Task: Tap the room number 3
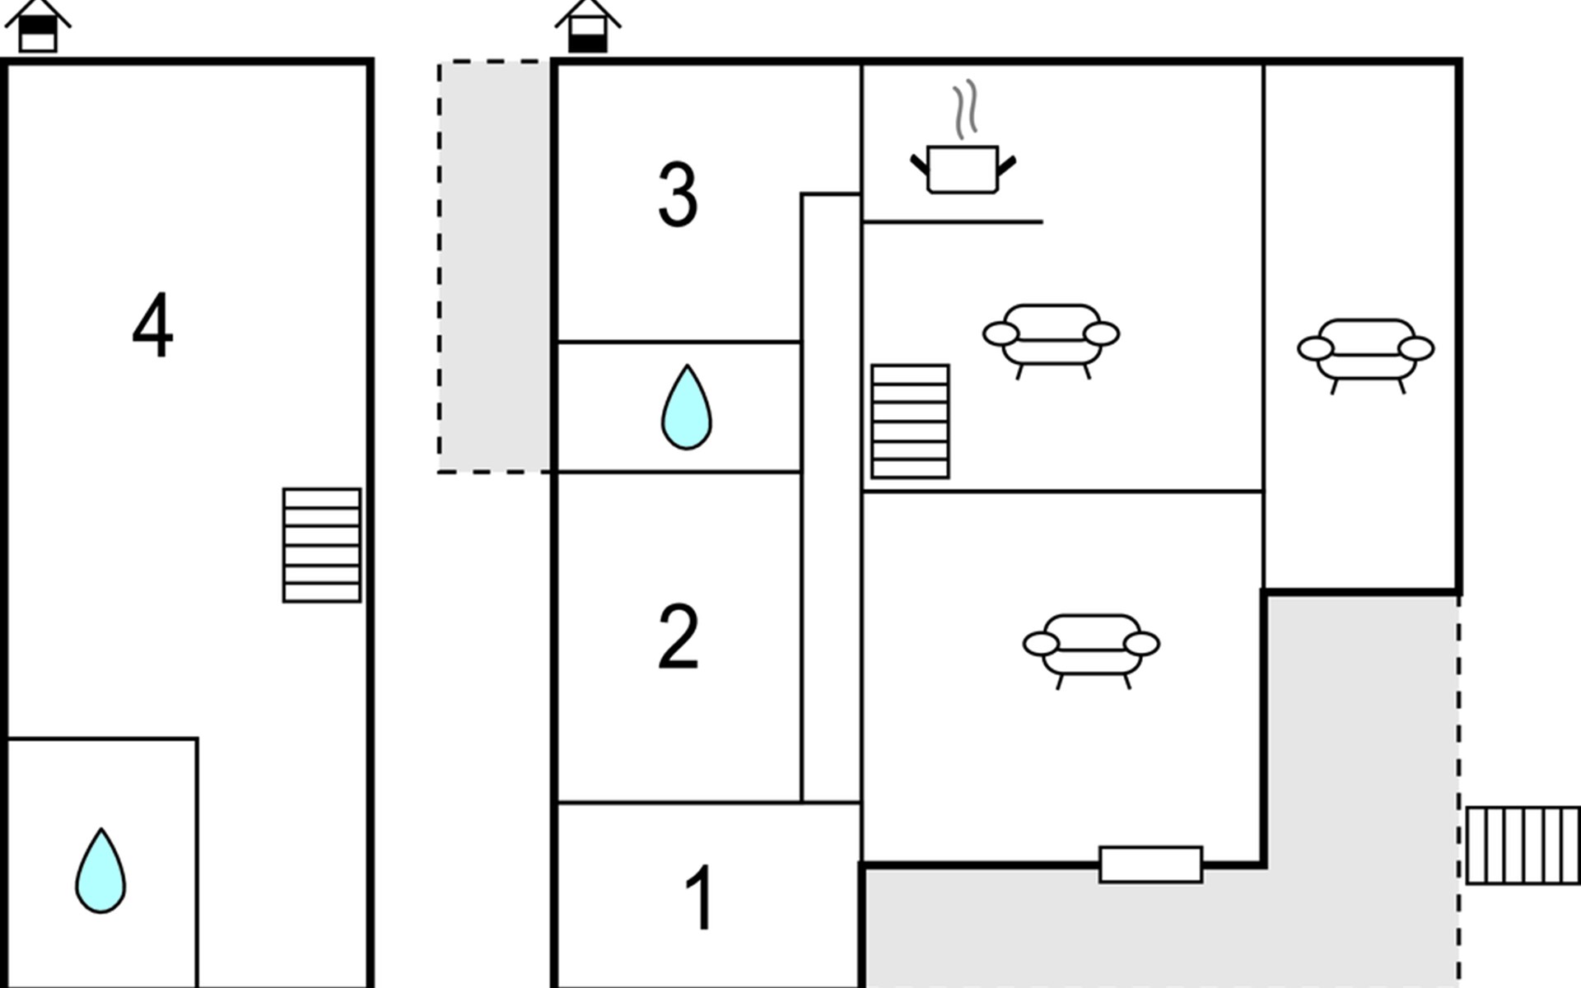678,194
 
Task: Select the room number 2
678,636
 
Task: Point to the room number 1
700,897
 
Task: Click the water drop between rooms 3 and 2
687,408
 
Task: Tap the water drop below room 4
100,871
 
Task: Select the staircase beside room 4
322,545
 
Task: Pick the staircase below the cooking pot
910,422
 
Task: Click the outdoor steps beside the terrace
1523,846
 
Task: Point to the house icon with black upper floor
38,25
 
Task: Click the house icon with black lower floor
588,25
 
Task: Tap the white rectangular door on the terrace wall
1150,864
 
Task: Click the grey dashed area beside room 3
494,267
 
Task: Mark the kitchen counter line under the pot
953,221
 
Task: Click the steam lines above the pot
966,109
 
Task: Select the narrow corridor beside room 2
832,497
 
